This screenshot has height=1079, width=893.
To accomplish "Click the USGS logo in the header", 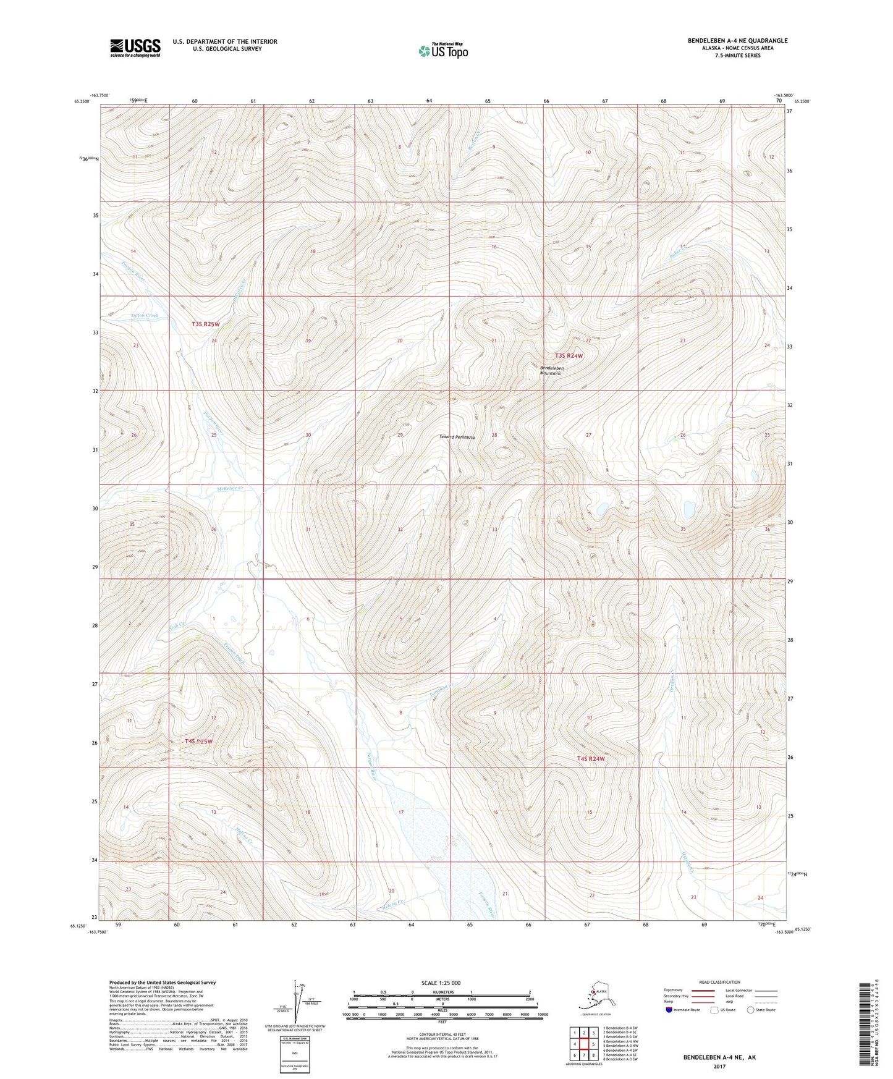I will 135,48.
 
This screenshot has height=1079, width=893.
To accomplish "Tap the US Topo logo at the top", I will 442,51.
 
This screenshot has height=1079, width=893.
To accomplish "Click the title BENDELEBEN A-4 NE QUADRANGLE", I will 737,41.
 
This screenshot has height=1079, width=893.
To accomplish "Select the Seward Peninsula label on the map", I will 457,437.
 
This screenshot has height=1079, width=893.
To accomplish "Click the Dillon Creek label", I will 145,316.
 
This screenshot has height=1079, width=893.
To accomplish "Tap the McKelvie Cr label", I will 230,489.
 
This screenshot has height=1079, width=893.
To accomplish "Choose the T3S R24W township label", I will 569,356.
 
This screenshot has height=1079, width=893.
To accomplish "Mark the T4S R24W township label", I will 590,759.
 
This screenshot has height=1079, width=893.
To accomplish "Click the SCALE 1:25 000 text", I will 441,983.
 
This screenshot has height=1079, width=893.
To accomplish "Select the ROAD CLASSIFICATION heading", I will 719,982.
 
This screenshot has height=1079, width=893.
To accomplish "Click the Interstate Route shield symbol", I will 669,1010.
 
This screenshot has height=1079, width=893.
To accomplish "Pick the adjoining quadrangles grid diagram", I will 583,1043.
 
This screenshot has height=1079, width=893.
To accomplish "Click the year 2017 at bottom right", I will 719,1067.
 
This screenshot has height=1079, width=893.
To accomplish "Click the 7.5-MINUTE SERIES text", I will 737,56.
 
